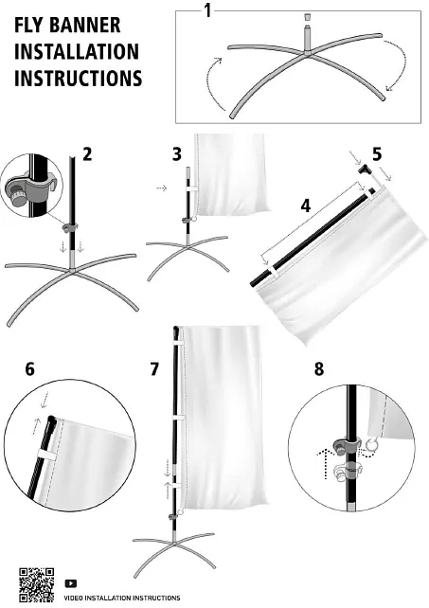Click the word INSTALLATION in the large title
point(77,51)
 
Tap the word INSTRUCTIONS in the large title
point(79,78)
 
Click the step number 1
point(208,10)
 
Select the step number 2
point(87,154)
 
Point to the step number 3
point(177,154)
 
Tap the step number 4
point(306,206)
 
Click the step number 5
point(377,154)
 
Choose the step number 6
point(30,369)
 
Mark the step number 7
point(154,369)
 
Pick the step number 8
point(319,369)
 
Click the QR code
point(37,584)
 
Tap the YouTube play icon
point(71,583)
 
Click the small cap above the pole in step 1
point(307,18)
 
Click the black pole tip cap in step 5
point(365,170)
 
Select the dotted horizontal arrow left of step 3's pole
point(161,188)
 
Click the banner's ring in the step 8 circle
point(371,444)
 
